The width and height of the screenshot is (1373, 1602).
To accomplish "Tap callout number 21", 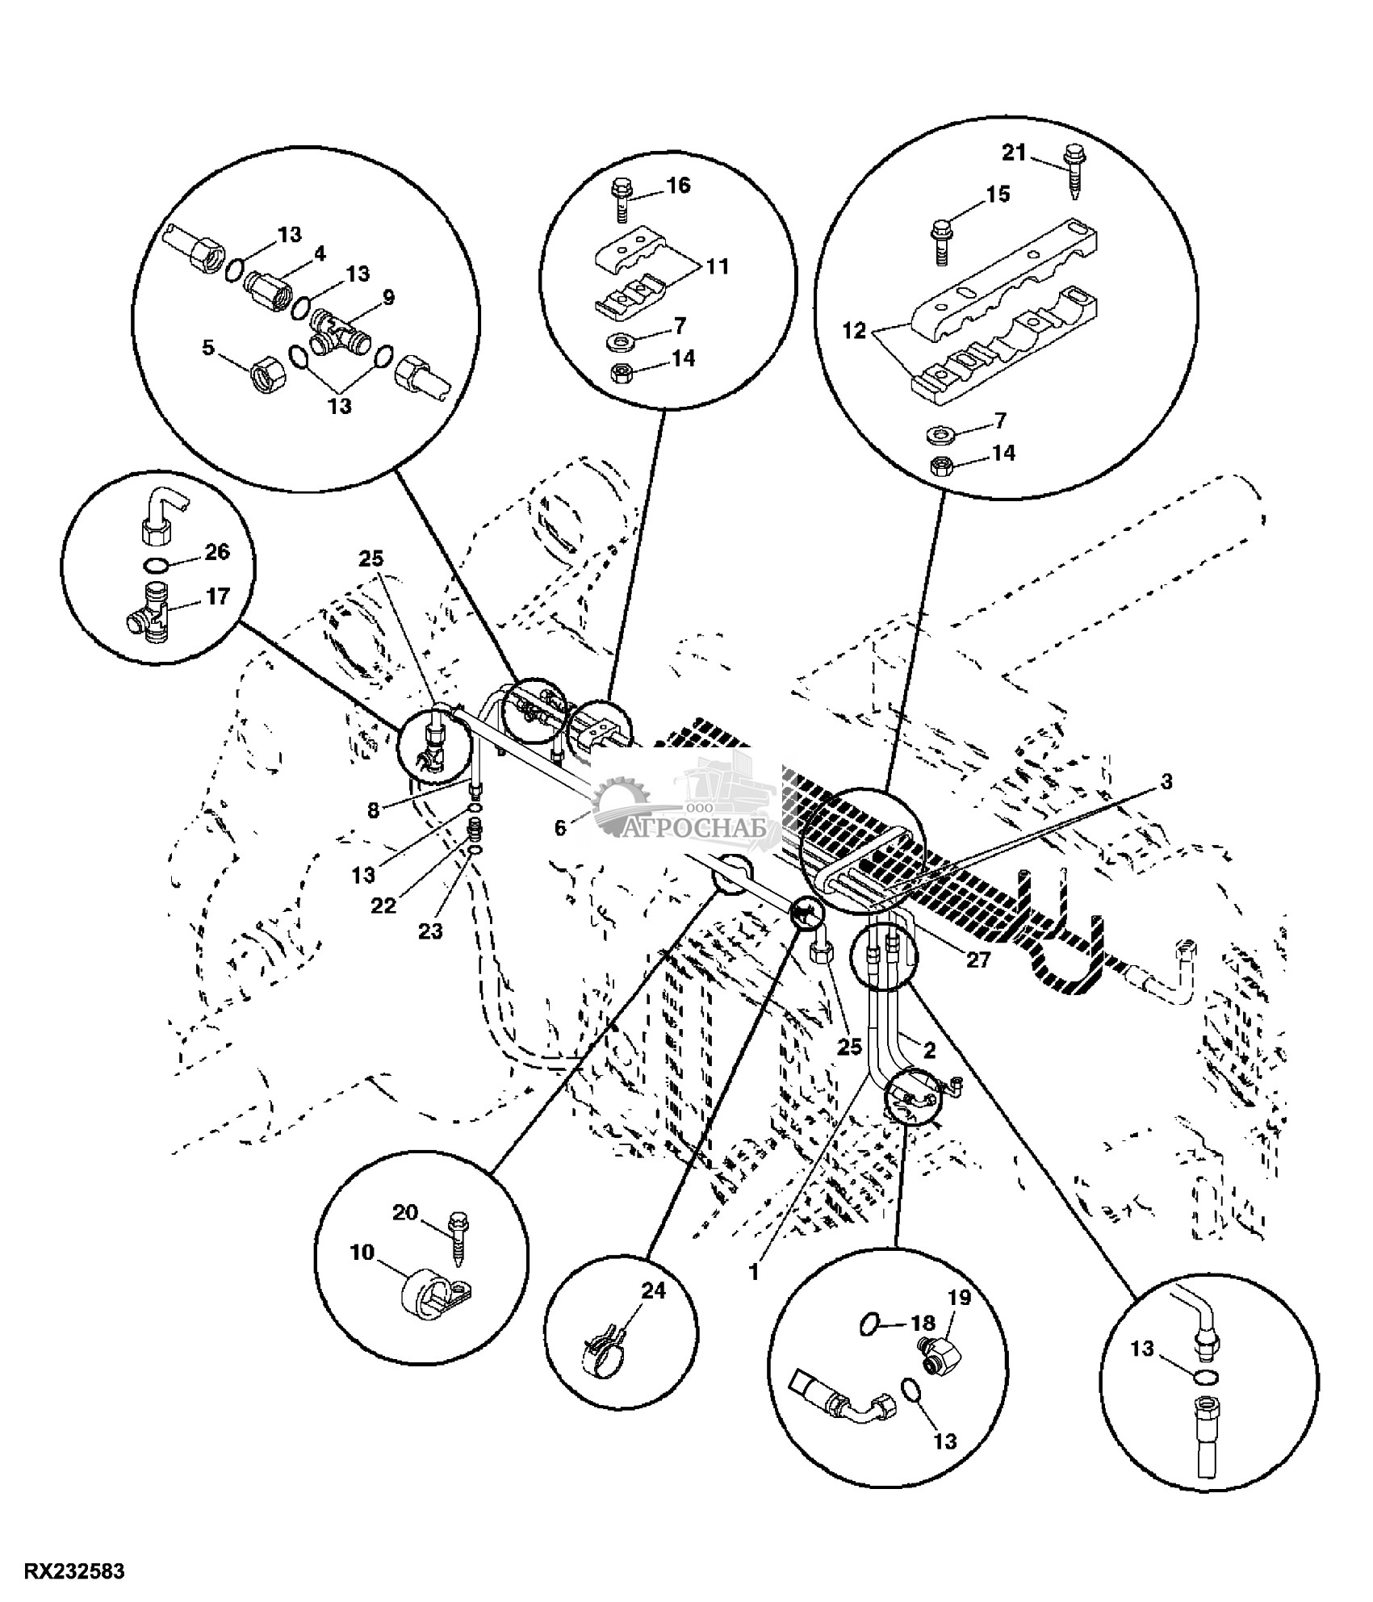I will [x=1015, y=152].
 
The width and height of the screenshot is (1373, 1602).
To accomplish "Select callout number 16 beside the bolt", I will [x=679, y=186].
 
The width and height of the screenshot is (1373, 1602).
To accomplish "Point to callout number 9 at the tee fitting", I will [x=388, y=298].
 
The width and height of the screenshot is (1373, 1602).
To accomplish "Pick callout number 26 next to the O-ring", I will [x=217, y=552].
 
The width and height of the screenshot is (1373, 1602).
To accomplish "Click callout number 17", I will [x=217, y=596].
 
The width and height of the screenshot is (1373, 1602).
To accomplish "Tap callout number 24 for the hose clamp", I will [x=653, y=1291].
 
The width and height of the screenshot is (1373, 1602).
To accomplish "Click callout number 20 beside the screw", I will [x=407, y=1213].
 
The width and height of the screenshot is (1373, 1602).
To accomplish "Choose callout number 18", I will [x=923, y=1323].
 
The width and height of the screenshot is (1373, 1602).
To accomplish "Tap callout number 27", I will [x=977, y=960].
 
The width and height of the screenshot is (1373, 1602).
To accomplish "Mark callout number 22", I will [x=383, y=906].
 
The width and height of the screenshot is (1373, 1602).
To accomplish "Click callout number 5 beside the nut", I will [x=208, y=349].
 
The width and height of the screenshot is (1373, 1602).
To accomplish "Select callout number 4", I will [x=320, y=253].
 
